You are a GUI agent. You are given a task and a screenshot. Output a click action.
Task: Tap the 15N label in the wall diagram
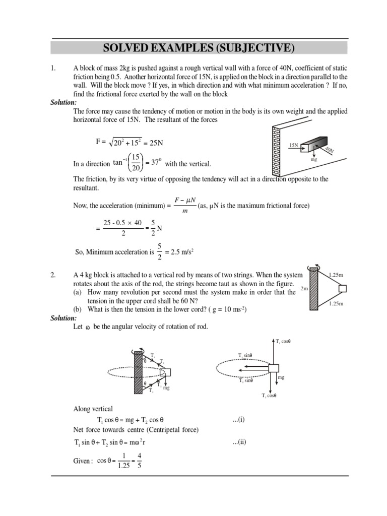294,145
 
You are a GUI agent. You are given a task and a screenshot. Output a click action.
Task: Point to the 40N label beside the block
329,150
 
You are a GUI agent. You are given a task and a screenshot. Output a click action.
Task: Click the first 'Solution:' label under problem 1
63,102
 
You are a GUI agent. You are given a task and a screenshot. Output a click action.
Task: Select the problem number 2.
53,275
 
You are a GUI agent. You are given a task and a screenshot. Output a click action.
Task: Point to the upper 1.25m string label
336,276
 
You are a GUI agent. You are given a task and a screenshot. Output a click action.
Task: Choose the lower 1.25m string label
336,304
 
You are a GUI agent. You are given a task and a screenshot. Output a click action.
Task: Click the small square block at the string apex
343,289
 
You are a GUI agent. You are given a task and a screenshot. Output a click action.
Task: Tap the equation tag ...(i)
238,419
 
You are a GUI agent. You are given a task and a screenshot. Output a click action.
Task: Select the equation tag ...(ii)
239,442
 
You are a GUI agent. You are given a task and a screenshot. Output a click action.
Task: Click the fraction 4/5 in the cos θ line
139,462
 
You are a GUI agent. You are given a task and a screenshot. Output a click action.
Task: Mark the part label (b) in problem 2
78,308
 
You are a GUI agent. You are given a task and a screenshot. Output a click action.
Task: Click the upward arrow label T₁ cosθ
284,342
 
